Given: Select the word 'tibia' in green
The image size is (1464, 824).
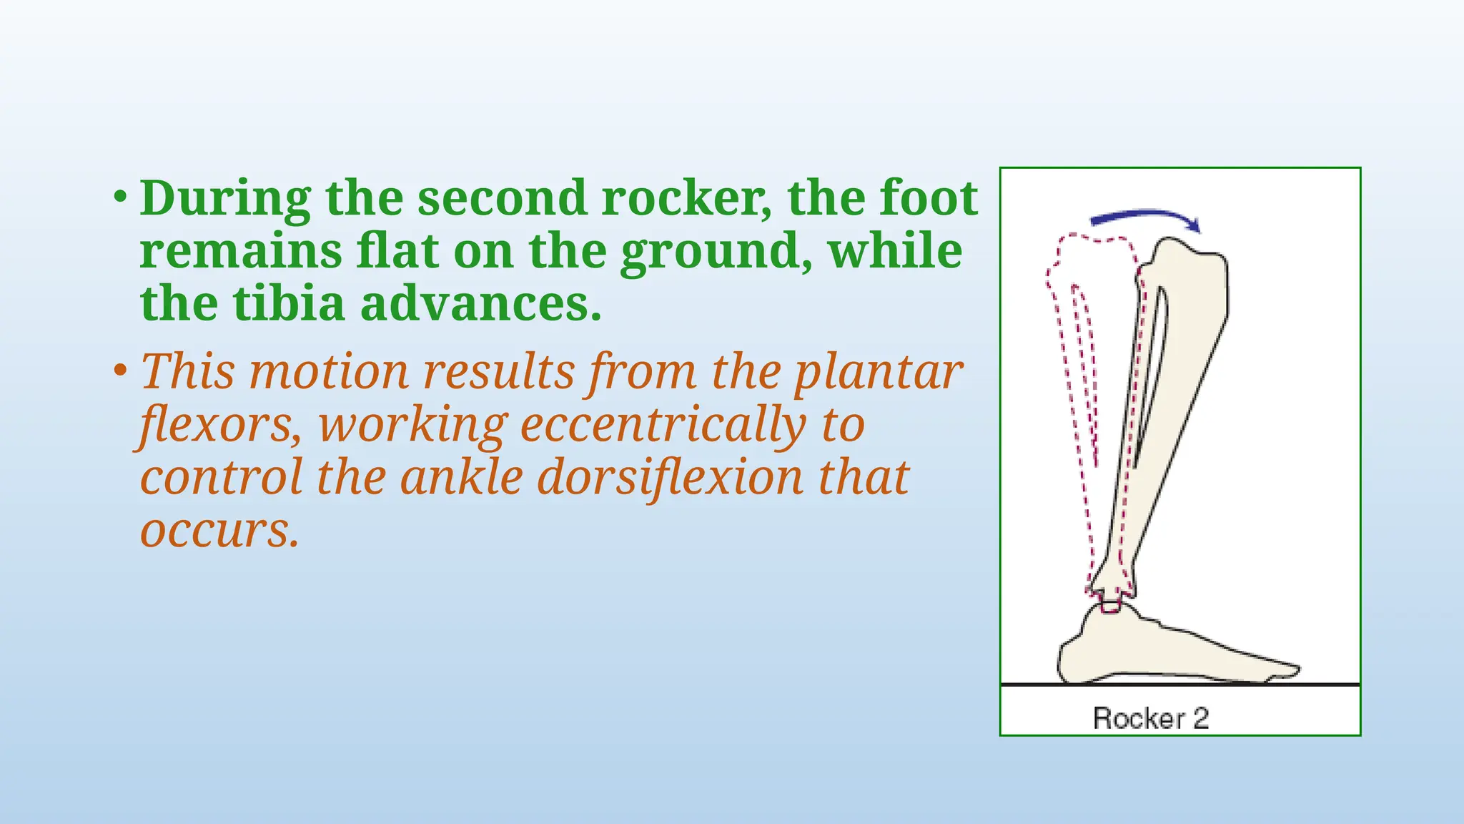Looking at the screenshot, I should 290,304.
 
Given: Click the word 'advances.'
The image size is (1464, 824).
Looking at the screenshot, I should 480,304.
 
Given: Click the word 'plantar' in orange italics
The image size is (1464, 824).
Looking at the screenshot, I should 879,373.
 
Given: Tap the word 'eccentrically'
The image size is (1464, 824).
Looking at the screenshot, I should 663,426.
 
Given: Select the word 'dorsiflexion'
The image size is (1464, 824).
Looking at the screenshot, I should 669,478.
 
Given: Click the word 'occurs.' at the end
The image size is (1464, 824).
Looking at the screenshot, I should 219,531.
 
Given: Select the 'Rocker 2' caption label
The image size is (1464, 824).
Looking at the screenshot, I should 1150,718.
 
